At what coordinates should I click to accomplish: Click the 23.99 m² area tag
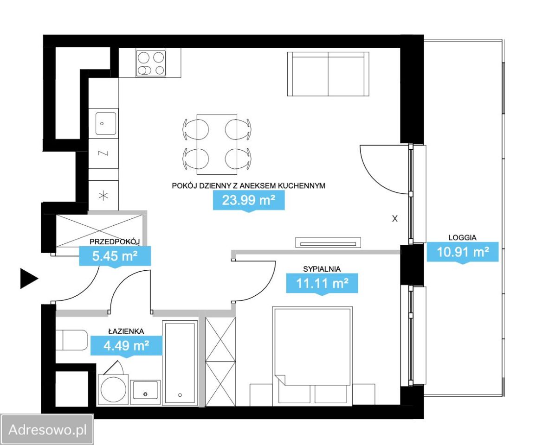pos(249,201)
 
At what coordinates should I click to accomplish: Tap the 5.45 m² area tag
pos(115,256)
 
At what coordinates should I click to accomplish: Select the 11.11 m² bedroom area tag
pos(322,283)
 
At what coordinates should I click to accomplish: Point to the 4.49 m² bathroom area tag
pos(126,346)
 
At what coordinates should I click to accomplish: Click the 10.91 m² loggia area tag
pos(463,252)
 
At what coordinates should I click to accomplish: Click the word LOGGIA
pos(462,237)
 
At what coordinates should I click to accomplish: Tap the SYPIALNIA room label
pos(322,269)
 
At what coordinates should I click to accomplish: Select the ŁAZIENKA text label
pos(126,331)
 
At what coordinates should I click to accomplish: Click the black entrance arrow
pos(29,279)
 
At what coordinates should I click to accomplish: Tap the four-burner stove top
pos(150,64)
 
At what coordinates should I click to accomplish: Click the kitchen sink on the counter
pos(106,123)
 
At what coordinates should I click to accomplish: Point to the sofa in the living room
pos(328,74)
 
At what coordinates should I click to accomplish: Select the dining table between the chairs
pos(217,144)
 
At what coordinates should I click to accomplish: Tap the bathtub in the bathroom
pos(180,363)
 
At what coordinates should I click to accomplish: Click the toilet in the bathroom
pos(72,340)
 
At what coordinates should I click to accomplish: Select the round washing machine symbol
pos(113,390)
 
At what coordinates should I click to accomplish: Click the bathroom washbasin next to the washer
pos(145,392)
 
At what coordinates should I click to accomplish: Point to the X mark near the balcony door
pos(394,219)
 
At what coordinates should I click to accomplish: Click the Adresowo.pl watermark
pos(47,430)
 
